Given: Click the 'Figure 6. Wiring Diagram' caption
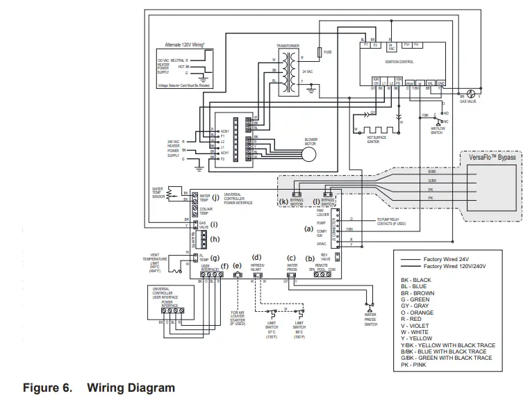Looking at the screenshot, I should [x=99, y=387].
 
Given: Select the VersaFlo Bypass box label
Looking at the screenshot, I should [x=492, y=158].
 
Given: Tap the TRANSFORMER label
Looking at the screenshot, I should [x=288, y=45].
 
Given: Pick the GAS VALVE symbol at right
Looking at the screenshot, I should [x=470, y=94].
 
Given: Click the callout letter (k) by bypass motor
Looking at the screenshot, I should [x=283, y=201].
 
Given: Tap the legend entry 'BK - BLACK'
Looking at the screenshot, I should [x=416, y=280].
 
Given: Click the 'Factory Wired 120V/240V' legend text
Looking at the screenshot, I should [x=455, y=265].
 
